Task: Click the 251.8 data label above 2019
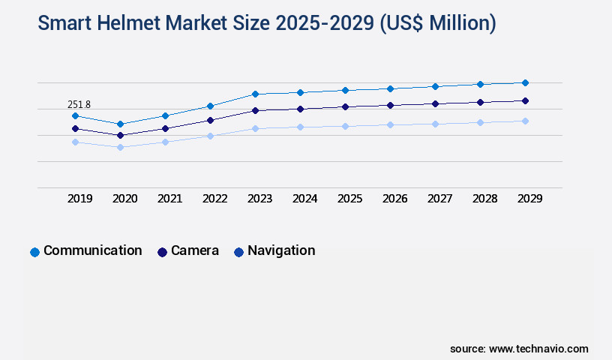tap(79, 104)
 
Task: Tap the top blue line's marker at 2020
tap(120, 124)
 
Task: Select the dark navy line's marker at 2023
tap(255, 110)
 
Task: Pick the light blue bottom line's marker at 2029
tap(525, 121)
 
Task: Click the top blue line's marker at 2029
tap(525, 82)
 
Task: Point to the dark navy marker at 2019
tap(75, 128)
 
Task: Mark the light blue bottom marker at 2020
tap(120, 147)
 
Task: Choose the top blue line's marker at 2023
tap(255, 94)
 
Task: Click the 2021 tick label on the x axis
tap(169, 199)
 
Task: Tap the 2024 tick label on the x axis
tap(304, 199)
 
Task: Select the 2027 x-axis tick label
tap(439, 199)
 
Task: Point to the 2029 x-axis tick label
tap(529, 199)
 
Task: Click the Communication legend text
tap(92, 250)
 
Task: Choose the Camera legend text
tap(195, 250)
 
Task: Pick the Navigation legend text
tap(281, 250)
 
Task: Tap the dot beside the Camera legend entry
tap(162, 252)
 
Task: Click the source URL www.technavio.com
tap(538, 349)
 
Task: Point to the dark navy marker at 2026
tap(390, 105)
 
